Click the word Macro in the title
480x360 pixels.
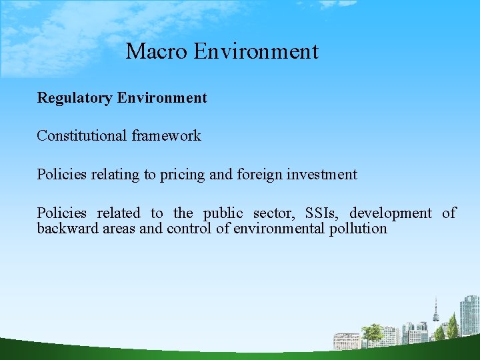click(x=157, y=51)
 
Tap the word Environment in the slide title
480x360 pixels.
click(x=256, y=51)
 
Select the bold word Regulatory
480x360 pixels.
click(x=75, y=98)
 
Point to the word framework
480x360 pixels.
click(x=166, y=136)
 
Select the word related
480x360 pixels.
click(x=119, y=213)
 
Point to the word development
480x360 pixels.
click(x=391, y=213)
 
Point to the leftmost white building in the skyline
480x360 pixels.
click(x=346, y=340)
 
